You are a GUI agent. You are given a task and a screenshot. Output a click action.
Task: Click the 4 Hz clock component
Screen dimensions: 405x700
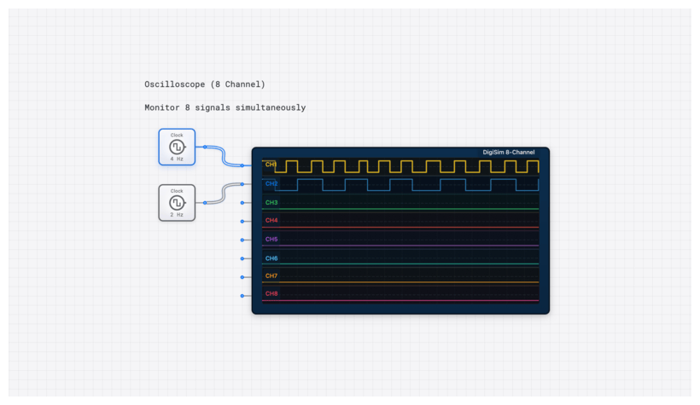177,147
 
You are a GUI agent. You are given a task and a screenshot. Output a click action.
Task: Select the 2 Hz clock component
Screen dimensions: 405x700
177,203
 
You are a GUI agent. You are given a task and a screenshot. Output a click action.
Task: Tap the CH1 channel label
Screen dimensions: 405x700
271,164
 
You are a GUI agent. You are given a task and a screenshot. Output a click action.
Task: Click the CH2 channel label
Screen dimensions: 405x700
271,183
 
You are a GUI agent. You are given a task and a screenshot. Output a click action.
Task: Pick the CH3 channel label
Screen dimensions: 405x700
271,202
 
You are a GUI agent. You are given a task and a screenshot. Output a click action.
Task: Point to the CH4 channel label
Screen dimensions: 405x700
271,220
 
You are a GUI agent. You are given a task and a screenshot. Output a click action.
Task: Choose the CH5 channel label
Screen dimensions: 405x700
271,239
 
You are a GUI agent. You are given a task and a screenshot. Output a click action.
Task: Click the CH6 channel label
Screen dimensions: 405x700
271,257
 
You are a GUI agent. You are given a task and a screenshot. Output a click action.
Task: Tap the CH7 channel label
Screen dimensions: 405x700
271,275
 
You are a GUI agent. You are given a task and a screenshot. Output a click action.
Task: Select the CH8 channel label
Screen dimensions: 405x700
271,293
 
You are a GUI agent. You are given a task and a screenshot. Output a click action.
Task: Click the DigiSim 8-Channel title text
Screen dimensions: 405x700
509,153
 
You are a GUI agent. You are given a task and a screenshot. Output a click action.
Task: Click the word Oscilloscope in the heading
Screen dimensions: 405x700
175,84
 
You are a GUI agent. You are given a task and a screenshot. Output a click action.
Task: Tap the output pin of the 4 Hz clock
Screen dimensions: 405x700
205,147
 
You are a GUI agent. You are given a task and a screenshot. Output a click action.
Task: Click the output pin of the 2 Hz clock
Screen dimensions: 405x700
205,203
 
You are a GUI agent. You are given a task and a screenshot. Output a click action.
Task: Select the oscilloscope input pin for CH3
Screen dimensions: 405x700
242,203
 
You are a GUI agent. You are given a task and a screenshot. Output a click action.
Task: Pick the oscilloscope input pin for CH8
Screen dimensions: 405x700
242,296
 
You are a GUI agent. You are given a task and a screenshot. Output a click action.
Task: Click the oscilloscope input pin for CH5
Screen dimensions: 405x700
242,240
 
